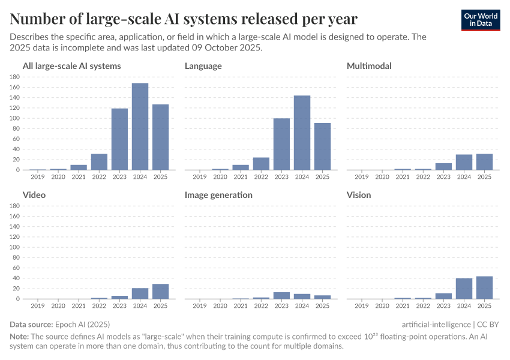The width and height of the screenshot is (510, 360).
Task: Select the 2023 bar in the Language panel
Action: tap(281, 144)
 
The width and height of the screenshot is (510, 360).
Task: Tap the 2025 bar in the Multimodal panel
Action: tap(484, 162)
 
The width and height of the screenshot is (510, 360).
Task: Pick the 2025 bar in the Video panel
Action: tap(160, 291)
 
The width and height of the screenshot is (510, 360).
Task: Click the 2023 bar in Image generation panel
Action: tap(281, 295)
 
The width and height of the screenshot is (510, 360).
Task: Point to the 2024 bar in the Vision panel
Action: tap(464, 289)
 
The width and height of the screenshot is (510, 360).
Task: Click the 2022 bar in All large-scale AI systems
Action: tap(99, 162)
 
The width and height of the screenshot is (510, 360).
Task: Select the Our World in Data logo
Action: tap(481, 20)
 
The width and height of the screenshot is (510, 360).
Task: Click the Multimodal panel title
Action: tap(369, 66)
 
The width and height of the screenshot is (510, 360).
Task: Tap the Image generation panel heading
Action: tap(218, 195)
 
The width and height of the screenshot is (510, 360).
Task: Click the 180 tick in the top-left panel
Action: tap(15, 77)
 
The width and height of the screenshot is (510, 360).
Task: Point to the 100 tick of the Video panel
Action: tap(15, 247)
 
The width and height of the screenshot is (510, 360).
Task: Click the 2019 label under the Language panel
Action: tap(200, 176)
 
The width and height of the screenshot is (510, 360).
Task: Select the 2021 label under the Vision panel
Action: tap(403, 305)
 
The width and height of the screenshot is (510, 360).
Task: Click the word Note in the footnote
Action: tap(19, 336)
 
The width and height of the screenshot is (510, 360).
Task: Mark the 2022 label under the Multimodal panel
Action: tap(423, 176)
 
